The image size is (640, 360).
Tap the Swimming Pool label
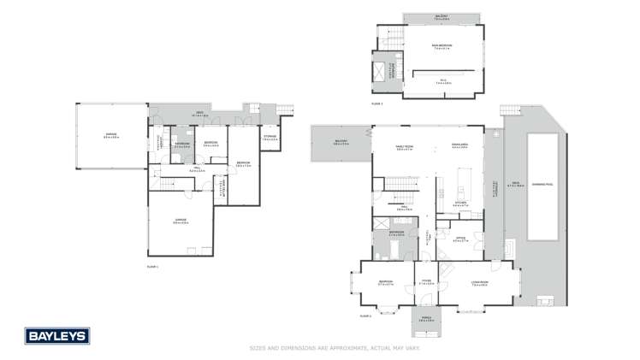[x=542, y=184]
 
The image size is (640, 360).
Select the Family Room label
[x=404, y=146]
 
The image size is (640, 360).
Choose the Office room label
[x=460, y=239]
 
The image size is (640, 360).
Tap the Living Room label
[x=478, y=283]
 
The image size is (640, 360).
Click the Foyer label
[x=426, y=283]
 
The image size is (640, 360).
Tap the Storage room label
[x=270, y=139]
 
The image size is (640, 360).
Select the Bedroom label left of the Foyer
[x=385, y=283]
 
